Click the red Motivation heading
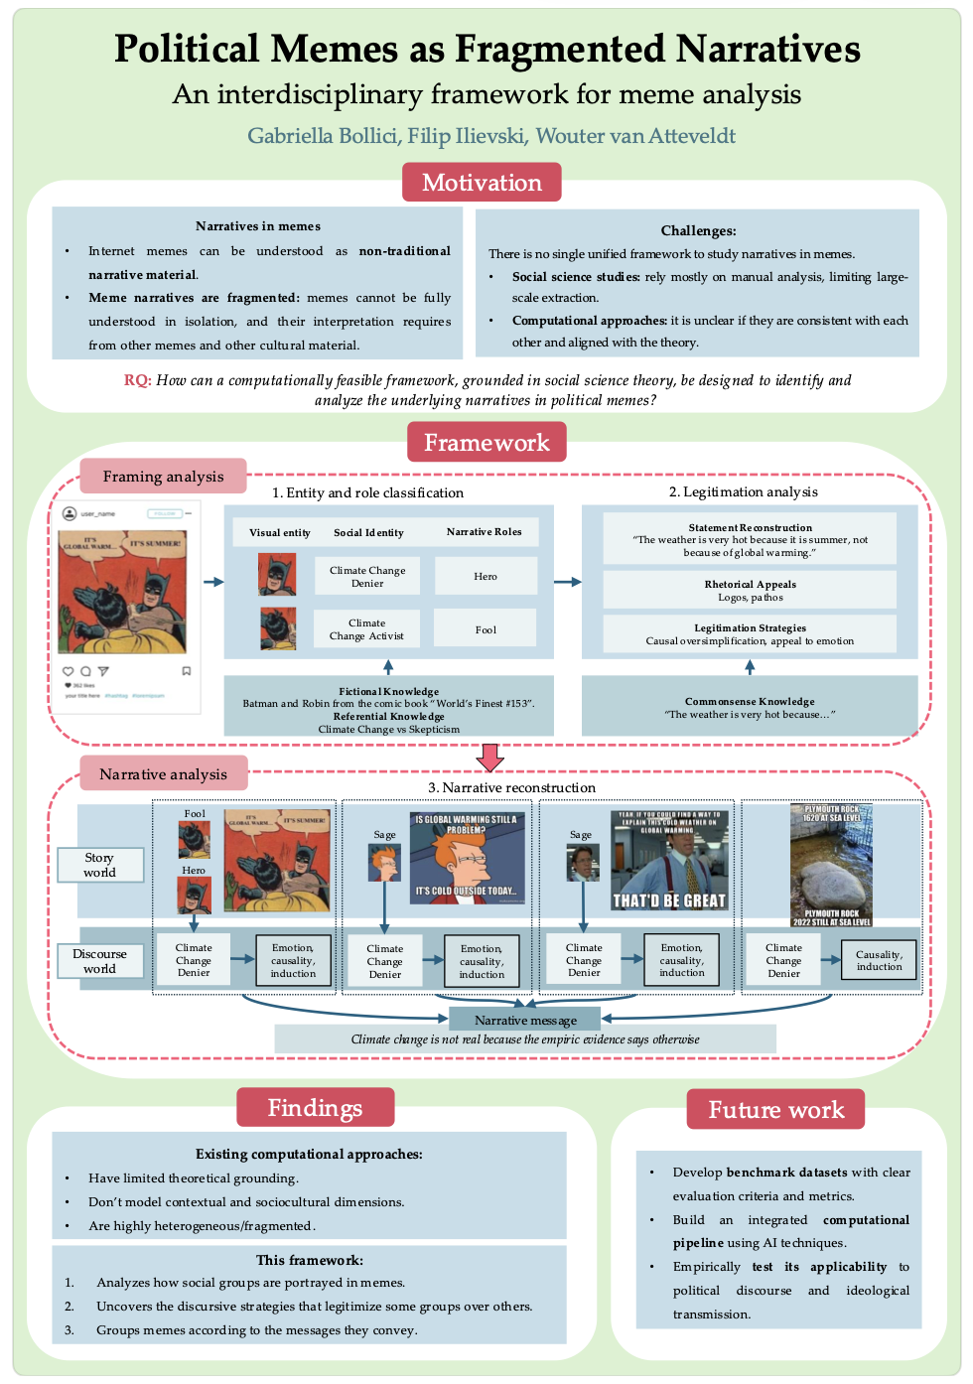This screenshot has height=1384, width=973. coord(482,183)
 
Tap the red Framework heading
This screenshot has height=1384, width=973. coord(486,443)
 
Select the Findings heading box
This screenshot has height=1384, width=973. coord(315,1108)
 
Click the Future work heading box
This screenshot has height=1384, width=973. coord(775,1110)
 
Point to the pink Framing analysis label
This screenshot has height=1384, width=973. coord(163,477)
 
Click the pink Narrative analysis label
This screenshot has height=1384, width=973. coord(163,774)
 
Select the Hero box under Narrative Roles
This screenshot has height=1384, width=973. coord(486,576)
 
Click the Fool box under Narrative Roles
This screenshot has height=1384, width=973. coord(486,629)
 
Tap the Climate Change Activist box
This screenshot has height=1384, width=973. coord(367,629)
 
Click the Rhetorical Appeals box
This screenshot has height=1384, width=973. coord(750,590)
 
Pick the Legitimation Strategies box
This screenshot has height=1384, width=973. coord(750,634)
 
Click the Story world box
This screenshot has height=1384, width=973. coord(99,865)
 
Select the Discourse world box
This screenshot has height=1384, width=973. coord(99,961)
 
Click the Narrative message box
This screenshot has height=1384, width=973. coord(525,1020)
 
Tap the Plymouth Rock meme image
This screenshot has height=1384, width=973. coord(832,865)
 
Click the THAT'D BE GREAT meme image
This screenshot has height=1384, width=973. coord(669,861)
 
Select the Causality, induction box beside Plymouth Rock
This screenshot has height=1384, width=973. coord(879,960)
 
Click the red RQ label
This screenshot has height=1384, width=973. coord(137,380)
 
